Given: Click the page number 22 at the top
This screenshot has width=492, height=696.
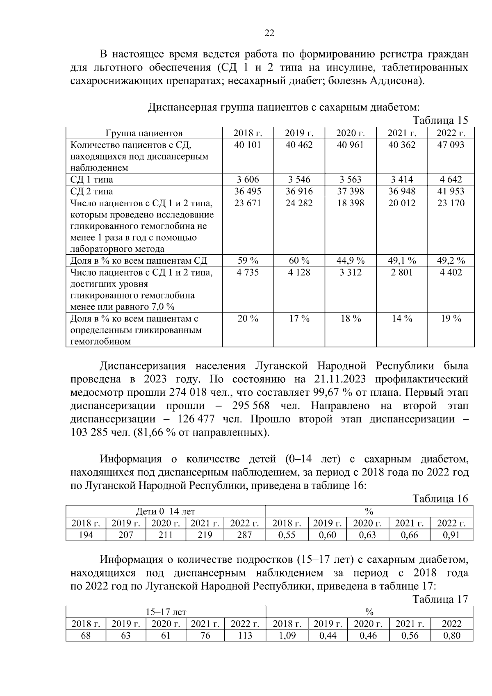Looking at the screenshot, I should click(269, 33).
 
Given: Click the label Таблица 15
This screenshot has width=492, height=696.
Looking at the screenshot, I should click(440, 121).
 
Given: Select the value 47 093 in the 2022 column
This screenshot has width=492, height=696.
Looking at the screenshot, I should click(451, 145).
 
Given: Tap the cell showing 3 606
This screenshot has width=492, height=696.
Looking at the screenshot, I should click(248, 180).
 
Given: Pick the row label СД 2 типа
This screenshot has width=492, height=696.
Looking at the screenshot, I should click(92, 192).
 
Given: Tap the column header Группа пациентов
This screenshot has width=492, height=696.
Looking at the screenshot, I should click(144, 133).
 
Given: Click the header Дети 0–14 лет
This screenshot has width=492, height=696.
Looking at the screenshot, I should click(165, 511).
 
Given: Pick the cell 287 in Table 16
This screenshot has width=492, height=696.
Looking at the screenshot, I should click(244, 535).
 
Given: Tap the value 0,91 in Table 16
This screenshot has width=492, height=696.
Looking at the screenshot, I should click(451, 535).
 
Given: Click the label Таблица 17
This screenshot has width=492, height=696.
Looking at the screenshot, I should click(440, 599).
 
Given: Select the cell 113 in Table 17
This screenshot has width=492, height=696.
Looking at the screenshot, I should click(245, 636).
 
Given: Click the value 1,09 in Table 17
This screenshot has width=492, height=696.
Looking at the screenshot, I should click(287, 636).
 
